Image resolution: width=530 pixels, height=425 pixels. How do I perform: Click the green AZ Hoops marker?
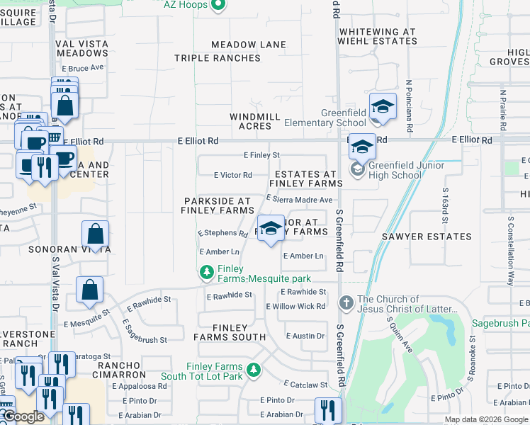click(218, 6)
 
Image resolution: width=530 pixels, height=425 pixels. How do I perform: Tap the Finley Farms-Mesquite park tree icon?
click(207, 272)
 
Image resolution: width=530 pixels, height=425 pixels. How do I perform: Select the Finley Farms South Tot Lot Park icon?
click(253, 370)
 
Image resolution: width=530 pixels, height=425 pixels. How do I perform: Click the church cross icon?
click(346, 303)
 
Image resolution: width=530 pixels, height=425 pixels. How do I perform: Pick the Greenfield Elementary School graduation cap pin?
click(383, 107)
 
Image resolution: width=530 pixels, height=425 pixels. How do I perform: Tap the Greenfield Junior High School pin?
click(362, 147)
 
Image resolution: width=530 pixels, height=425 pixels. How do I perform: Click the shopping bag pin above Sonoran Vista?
click(95, 234)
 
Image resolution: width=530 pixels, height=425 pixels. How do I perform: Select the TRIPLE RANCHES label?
click(218, 58)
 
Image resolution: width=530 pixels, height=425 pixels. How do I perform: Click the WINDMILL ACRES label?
click(251, 121)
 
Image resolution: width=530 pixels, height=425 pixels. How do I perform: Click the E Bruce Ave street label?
click(83, 68)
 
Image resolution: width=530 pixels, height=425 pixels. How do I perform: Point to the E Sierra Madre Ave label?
click(299, 200)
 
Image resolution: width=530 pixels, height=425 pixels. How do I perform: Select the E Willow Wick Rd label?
click(295, 307)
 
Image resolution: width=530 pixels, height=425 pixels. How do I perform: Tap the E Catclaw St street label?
click(305, 385)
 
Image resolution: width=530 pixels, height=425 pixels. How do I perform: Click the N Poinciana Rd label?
click(410, 106)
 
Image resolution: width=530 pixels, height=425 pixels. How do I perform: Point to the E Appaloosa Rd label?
click(138, 387)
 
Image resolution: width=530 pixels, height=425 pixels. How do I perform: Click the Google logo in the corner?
click(23, 417)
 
